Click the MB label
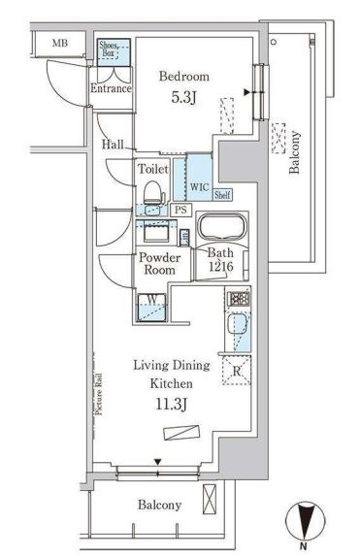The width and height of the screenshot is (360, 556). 60,44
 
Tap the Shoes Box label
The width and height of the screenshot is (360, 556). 108,49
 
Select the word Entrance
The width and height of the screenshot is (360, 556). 111,88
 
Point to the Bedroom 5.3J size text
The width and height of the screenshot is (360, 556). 183,97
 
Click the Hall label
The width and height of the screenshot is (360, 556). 113,145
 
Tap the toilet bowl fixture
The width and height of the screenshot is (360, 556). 154,193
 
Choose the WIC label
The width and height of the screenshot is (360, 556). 199,187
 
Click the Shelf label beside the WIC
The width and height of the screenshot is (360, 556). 222,195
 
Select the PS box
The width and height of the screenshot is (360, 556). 180,210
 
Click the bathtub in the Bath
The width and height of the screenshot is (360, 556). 221,226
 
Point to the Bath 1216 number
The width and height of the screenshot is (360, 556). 220,266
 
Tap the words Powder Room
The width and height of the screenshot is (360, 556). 159,264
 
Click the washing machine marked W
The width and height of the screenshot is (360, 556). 151,308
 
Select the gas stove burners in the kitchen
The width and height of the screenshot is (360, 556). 240,299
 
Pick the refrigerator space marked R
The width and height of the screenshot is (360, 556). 237,371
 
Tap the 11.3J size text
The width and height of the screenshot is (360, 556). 172,404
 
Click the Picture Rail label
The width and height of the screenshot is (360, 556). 99,394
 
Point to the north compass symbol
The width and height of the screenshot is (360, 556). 305,521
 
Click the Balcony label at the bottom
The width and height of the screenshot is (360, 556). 159,505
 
